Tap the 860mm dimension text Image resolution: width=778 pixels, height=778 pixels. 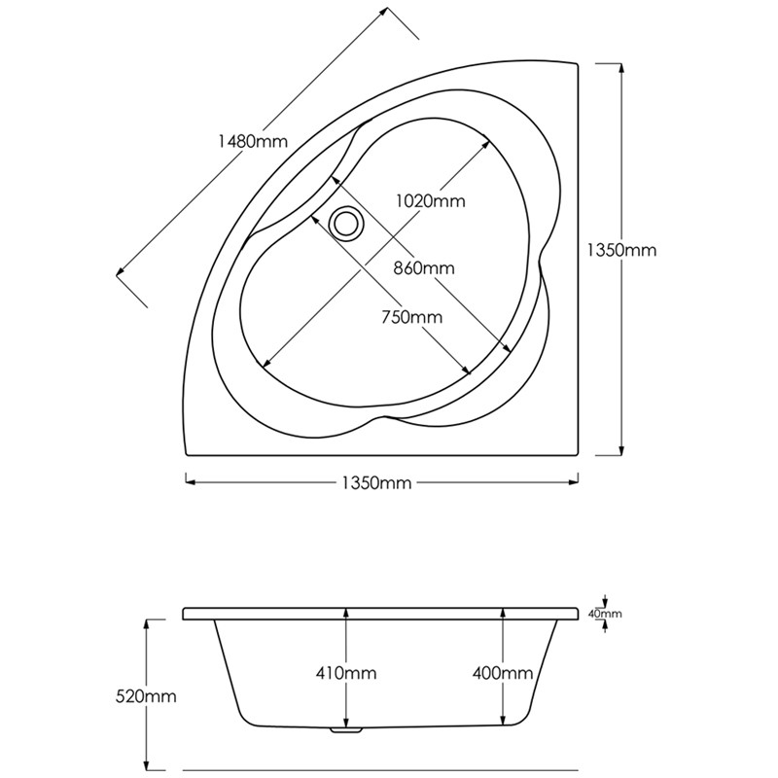pyautogui.click(x=424, y=267)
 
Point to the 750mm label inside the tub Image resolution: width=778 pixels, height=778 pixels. pyautogui.click(x=411, y=317)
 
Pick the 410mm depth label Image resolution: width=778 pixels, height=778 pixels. pyautogui.click(x=345, y=673)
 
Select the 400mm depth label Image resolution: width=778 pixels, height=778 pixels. pyautogui.click(x=501, y=673)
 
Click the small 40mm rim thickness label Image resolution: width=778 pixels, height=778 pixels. pyautogui.click(x=605, y=614)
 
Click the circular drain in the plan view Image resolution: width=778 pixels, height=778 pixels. pyautogui.click(x=344, y=222)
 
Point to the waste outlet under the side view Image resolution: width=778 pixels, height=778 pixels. pyautogui.click(x=345, y=729)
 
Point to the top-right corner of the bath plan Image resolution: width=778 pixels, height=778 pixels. pyautogui.click(x=581, y=63)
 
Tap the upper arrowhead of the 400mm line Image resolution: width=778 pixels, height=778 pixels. pyautogui.click(x=502, y=612)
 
